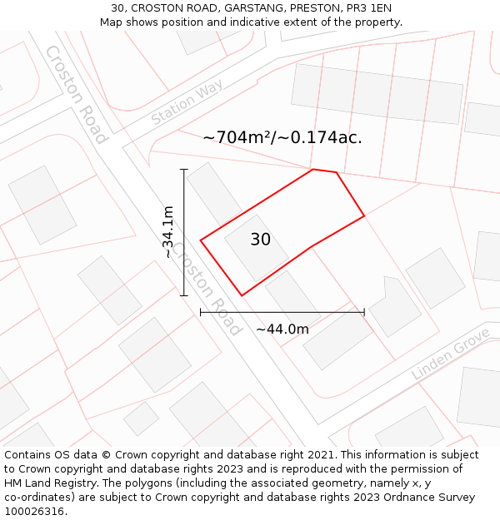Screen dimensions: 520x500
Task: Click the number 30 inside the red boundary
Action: coord(260,240)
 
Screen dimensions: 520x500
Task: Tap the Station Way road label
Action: coord(187,102)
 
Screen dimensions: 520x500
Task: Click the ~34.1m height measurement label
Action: coord(168,232)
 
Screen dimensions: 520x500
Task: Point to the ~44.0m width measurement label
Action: coord(282,329)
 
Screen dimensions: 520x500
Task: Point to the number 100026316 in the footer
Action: coord(32,512)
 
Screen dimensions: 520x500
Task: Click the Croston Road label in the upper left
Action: coord(76,93)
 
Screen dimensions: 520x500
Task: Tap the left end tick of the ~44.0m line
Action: coord(201,313)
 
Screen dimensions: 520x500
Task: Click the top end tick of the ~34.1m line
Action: coord(184,170)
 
